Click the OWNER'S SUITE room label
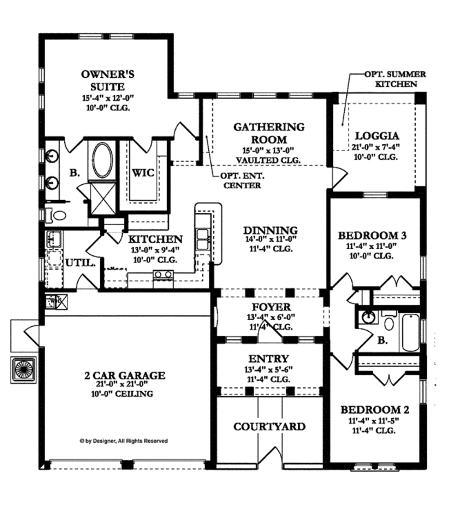(108, 80)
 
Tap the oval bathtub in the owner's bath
(102, 160)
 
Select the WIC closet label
(143, 173)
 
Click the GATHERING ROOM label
(269, 133)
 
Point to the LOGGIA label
(377, 136)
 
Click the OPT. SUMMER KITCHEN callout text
(395, 79)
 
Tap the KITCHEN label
(155, 239)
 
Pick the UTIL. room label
(81, 263)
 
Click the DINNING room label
(270, 230)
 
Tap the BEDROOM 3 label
(372, 235)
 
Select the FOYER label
(270, 307)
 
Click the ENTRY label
(269, 358)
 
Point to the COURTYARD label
(269, 427)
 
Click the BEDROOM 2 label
(375, 410)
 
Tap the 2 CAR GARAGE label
(124, 376)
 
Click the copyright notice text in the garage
(124, 441)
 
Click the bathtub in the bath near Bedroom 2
(409, 332)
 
